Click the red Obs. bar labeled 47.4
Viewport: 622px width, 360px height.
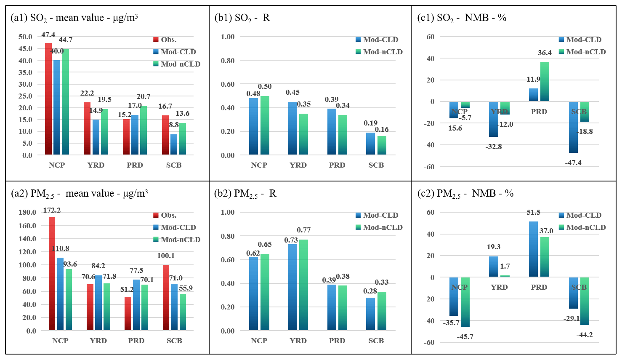click(x=48, y=99)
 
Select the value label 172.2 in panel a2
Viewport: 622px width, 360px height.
click(x=52, y=210)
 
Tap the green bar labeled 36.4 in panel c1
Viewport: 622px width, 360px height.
click(x=545, y=82)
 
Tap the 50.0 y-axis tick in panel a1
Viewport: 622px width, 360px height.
click(x=25, y=37)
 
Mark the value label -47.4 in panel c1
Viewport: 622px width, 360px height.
click(x=573, y=163)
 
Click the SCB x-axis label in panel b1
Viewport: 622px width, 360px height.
click(x=376, y=165)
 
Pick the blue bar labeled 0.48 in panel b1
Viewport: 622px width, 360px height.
click(x=254, y=126)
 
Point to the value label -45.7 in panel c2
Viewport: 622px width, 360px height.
click(x=465, y=337)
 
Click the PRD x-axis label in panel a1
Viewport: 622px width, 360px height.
click(x=135, y=165)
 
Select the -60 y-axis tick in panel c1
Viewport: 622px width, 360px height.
click(x=430, y=167)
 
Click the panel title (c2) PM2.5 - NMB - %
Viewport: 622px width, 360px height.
click(x=465, y=194)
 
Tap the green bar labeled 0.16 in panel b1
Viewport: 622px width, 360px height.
click(x=382, y=145)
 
